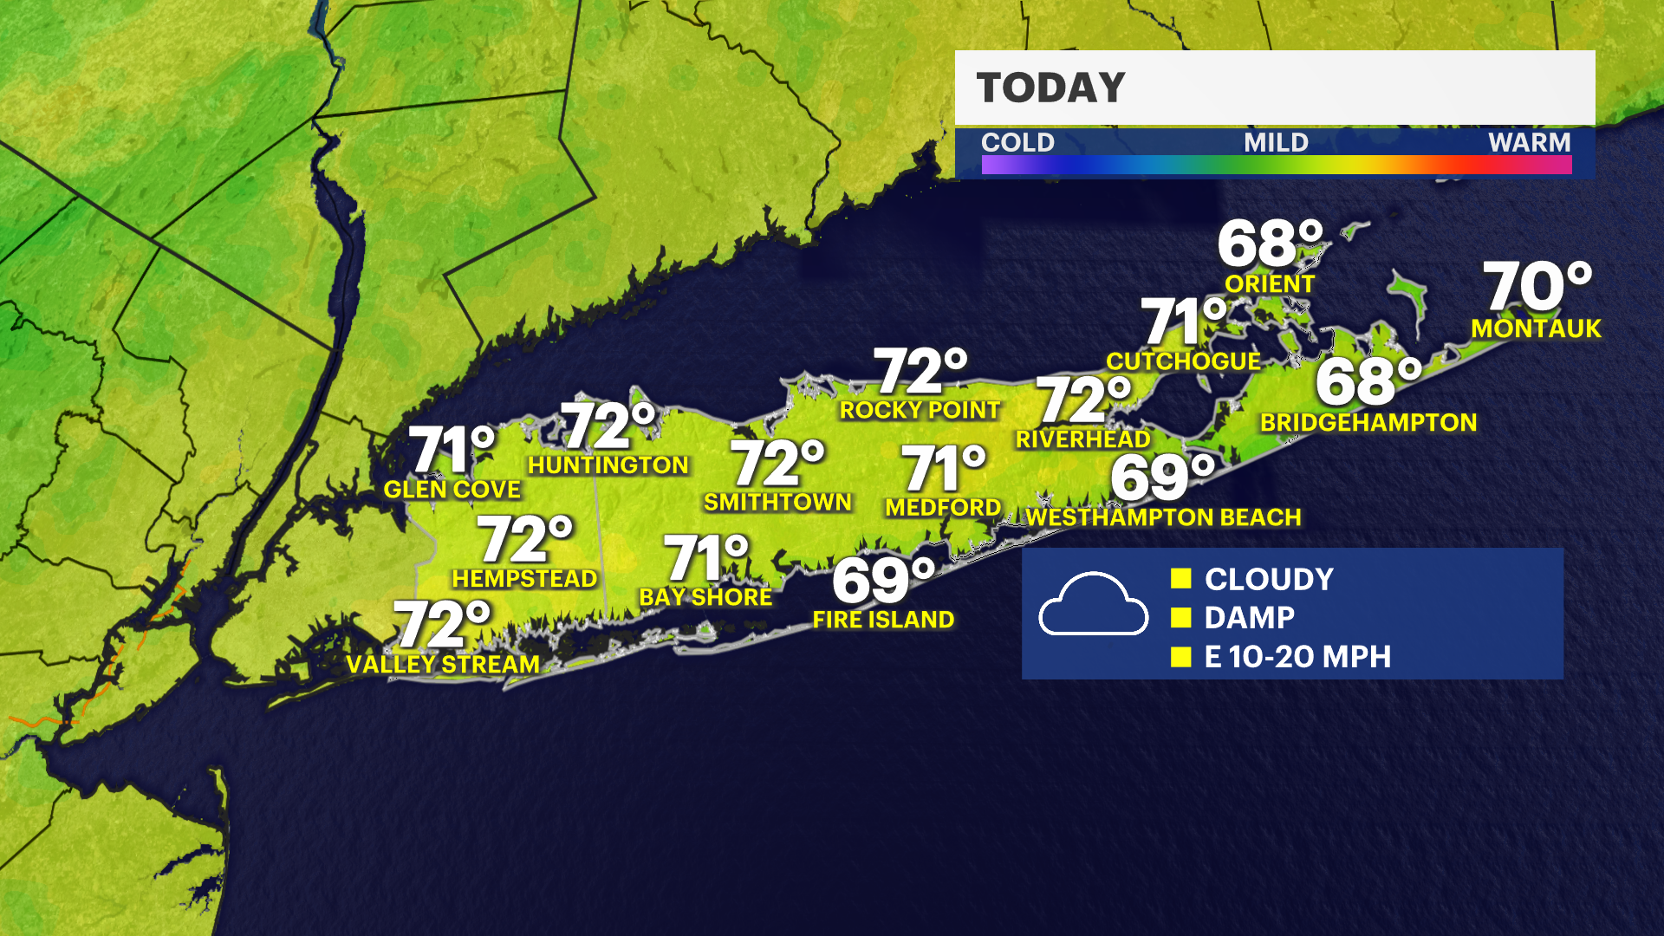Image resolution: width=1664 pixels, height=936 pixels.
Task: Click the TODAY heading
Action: [x=1050, y=88]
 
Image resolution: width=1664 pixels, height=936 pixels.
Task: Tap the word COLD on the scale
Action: [x=1017, y=142]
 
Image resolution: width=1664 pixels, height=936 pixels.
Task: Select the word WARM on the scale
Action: [x=1529, y=142]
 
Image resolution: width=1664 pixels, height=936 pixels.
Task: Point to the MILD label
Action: [x=1276, y=142]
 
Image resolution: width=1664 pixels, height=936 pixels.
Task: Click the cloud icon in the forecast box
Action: [x=1093, y=605]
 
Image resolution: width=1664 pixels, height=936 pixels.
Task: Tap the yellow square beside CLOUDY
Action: [x=1180, y=579]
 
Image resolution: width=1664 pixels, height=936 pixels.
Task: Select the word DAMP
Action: [x=1249, y=618]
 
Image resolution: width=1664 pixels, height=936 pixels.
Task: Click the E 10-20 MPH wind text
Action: [x=1297, y=657]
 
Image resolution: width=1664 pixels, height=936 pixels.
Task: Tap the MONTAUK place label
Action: [x=1536, y=328]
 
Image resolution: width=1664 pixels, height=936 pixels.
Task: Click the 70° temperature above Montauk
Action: [x=1537, y=287]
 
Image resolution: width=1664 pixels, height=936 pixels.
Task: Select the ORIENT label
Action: [x=1270, y=284]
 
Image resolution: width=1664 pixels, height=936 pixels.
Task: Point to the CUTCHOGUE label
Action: [x=1183, y=361]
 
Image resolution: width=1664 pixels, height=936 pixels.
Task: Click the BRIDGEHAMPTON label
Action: [x=1368, y=423]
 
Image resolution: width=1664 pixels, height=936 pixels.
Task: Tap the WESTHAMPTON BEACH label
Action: [x=1163, y=517]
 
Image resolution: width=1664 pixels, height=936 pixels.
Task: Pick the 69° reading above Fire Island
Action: [x=883, y=580]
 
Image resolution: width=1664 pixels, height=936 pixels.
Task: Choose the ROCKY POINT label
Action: [x=920, y=410]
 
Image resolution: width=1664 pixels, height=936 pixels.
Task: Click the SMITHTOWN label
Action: [x=777, y=503]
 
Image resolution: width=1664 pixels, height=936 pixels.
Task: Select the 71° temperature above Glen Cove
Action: [x=452, y=449]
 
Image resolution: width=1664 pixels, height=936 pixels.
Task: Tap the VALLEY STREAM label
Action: [x=443, y=665]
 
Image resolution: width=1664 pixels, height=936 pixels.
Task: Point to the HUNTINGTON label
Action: [x=608, y=465]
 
